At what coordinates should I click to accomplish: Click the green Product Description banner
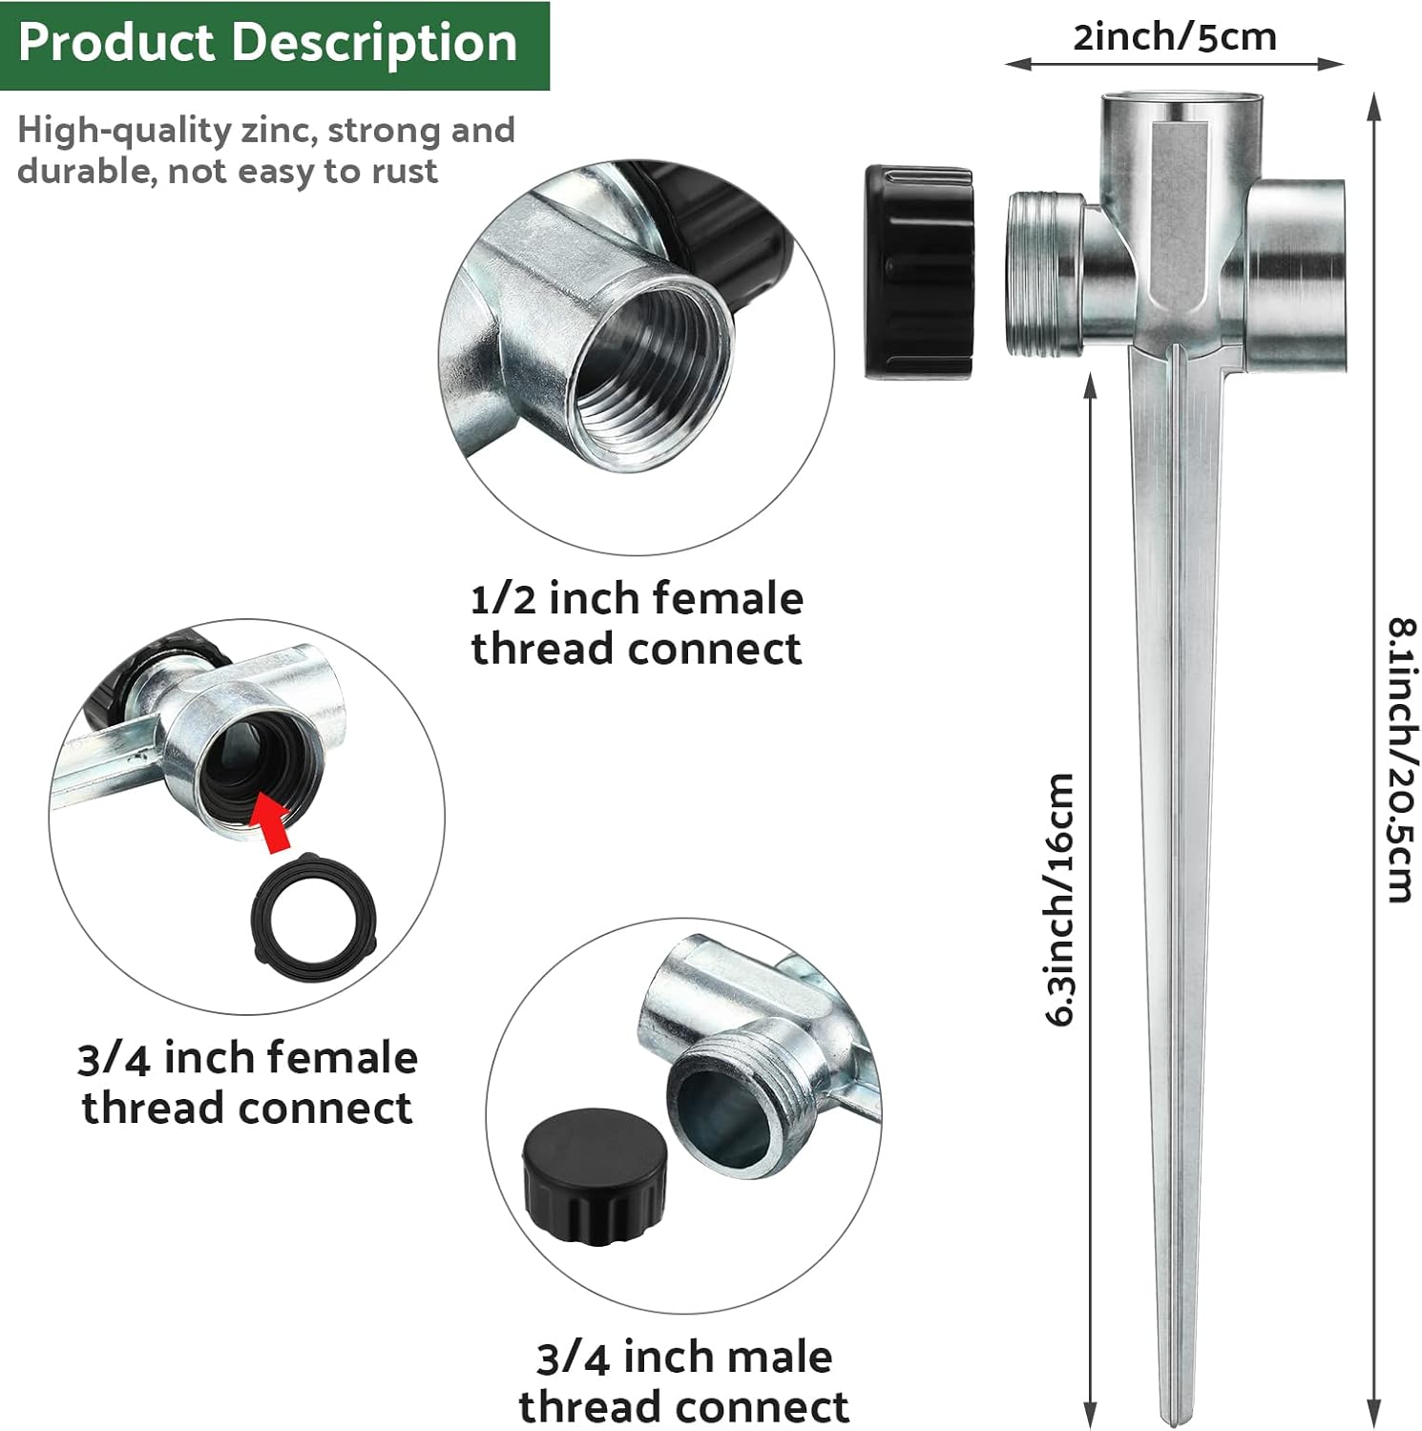pos(274,45)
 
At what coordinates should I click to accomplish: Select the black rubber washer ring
pos(315,917)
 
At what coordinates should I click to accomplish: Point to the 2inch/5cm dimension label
pos(1174,37)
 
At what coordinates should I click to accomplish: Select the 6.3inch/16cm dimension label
pos(1060,899)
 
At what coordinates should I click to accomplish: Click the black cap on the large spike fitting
pos(918,273)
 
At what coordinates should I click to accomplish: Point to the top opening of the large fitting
pos(1175,105)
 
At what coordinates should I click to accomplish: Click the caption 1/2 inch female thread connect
pos(637,624)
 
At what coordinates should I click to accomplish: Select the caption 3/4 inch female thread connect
pos(247,1083)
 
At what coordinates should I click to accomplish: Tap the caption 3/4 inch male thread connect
pos(683,1381)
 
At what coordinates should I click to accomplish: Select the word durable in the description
pos(85,172)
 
